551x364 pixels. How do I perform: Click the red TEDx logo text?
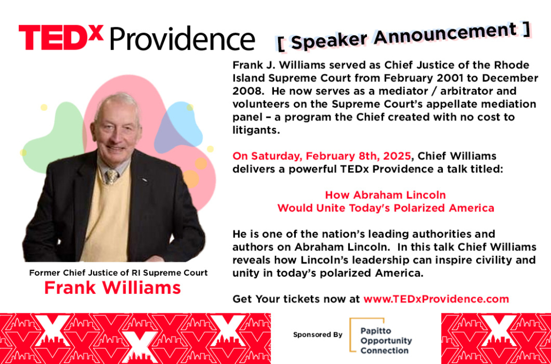[61, 37]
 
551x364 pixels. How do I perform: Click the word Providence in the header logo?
[182, 39]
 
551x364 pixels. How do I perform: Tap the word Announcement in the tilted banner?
[445, 33]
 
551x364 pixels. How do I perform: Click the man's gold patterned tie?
[112, 177]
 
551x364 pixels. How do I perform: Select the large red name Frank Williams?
[112, 288]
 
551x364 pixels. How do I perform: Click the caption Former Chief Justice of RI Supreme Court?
[118, 272]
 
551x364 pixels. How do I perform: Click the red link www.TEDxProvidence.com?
[436, 299]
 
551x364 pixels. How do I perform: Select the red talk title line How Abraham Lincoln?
[386, 195]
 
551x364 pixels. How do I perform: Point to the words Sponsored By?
[318, 335]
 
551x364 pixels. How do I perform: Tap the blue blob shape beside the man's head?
[179, 127]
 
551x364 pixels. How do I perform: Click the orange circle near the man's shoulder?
[191, 179]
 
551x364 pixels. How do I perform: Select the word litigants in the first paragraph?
[256, 131]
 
